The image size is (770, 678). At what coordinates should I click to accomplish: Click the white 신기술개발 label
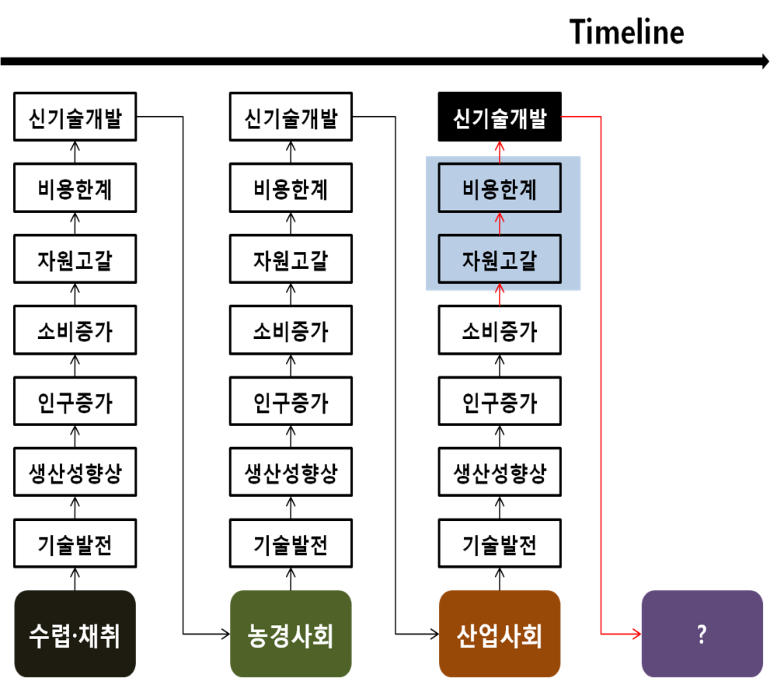coord(500,119)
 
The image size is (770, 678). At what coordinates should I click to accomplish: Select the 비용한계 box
coord(500,188)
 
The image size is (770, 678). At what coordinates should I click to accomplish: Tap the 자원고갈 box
coord(500,259)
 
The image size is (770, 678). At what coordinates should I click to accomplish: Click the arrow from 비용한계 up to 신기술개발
coord(500,152)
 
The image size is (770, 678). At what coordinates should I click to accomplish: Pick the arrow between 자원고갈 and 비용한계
coord(500,223)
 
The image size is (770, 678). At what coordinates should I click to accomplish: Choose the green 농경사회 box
coord(291,634)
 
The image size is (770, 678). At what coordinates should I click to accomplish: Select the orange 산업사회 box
coord(500,634)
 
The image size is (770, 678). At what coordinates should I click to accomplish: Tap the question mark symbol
coord(702,634)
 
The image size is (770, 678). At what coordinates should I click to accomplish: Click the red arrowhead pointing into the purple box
coord(636,634)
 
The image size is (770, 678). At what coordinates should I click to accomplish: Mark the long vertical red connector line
coord(601,373)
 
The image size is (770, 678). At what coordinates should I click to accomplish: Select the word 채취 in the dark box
coord(99,635)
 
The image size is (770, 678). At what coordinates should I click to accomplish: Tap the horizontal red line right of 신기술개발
coord(580,117)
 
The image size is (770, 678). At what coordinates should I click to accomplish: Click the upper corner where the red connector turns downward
coord(601,117)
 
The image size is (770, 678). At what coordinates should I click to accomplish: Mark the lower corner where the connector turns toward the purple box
coord(601,634)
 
